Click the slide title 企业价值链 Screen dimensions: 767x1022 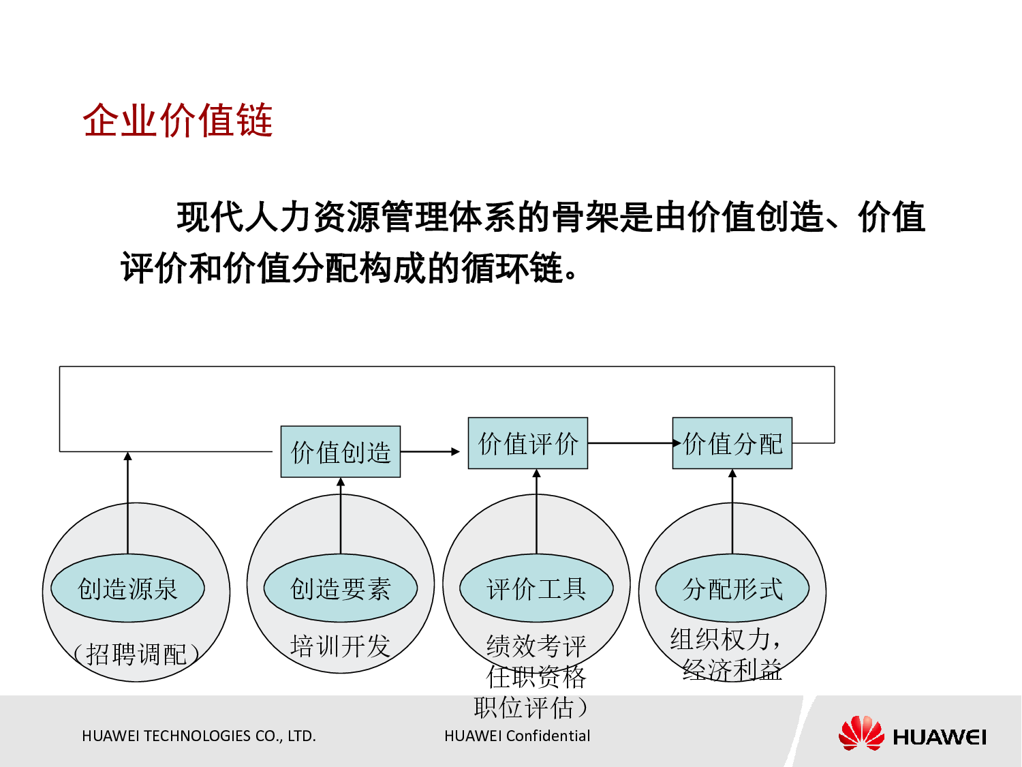pyautogui.click(x=178, y=121)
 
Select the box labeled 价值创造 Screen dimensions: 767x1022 pyautogui.click(x=340, y=452)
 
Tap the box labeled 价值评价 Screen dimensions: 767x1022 pyautogui.click(x=527, y=443)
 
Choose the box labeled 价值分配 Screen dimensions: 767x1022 pyautogui.click(x=732, y=443)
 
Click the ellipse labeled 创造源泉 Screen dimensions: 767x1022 pyautogui.click(x=127, y=588)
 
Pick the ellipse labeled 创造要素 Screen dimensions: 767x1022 pyautogui.click(x=340, y=588)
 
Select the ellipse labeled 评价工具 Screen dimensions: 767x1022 pyautogui.click(x=536, y=588)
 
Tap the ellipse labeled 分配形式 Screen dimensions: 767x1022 pyautogui.click(x=732, y=588)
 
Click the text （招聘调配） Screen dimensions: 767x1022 pyautogui.click(x=136, y=654)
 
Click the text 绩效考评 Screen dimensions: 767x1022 pyautogui.click(x=536, y=645)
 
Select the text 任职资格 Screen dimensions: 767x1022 pyautogui.click(x=536, y=676)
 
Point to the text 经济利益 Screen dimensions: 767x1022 pyautogui.click(x=732, y=670)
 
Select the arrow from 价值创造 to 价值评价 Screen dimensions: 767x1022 pyautogui.click(x=430, y=451)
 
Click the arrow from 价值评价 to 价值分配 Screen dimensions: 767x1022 pyautogui.click(x=630, y=443)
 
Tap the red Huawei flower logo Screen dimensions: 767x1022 pyautogui.click(x=861, y=734)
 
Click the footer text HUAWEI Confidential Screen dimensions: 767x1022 pyautogui.click(x=517, y=736)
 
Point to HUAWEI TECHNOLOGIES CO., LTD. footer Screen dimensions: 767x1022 pyautogui.click(x=198, y=736)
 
